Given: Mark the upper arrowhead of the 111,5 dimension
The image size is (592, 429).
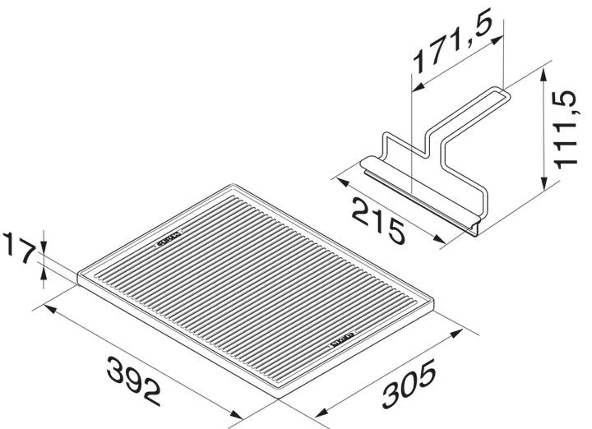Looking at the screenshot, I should click(x=545, y=74).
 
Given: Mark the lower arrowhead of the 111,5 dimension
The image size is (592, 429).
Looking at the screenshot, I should click(x=545, y=185).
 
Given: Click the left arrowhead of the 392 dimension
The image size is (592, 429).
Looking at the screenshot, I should click(x=48, y=309).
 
